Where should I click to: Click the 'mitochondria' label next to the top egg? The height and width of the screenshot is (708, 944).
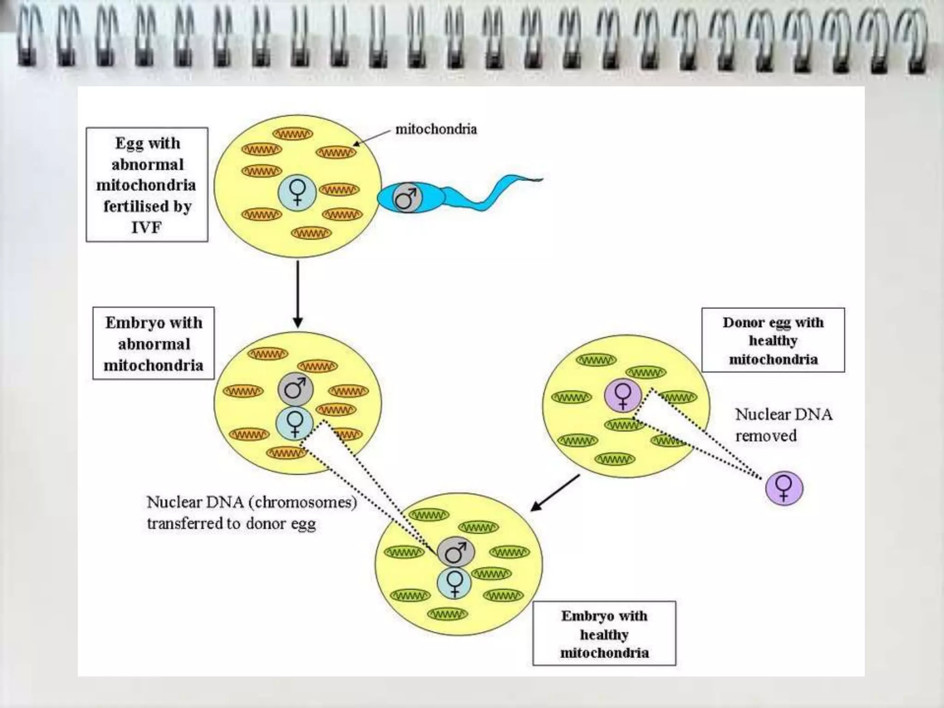(436, 129)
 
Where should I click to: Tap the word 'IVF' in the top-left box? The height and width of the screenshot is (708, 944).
(146, 227)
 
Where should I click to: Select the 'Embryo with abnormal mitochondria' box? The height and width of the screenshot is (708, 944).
(153, 343)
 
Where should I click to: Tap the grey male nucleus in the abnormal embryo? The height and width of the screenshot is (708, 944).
(295, 388)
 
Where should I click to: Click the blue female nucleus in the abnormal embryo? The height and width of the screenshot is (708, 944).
(295, 423)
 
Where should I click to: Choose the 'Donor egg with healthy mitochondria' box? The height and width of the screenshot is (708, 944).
(773, 340)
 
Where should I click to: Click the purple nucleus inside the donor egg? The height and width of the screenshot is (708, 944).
(623, 395)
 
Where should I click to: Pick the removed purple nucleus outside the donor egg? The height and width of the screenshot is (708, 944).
(784, 488)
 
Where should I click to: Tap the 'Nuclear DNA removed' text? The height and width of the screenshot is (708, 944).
(783, 425)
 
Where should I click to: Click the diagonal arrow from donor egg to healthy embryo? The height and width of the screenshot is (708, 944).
(555, 493)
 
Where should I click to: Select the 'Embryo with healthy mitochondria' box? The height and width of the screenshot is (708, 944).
(604, 634)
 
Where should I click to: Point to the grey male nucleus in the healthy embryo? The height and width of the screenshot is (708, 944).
(455, 552)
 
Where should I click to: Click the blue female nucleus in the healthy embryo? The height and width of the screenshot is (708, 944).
(454, 583)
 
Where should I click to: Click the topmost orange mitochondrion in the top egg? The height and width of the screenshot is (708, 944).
(293, 134)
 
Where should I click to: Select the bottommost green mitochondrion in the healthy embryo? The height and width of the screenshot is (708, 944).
(448, 614)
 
